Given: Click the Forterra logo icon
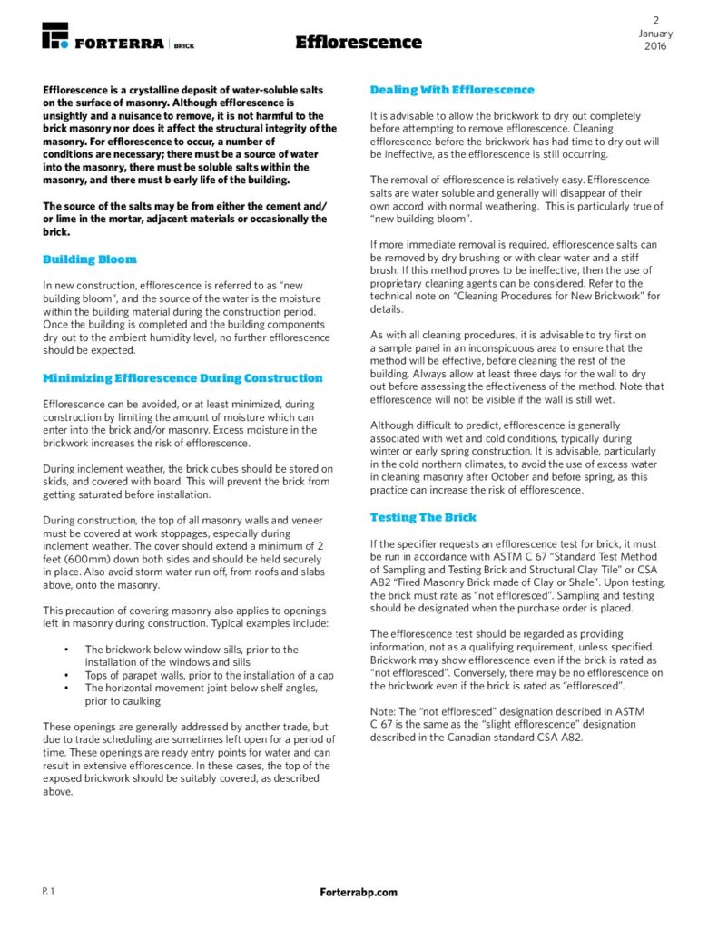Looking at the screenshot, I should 55,36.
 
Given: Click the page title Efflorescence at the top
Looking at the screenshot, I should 359,43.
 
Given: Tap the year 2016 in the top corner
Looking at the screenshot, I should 654,46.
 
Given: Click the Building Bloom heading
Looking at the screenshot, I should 90,259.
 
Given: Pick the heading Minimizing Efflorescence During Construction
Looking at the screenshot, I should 182,378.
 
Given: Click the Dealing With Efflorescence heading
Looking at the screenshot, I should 452,90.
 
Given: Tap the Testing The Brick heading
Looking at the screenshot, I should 422,517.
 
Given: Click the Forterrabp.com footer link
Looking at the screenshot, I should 359,893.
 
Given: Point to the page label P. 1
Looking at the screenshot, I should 48,893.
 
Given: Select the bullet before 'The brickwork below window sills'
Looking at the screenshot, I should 67,650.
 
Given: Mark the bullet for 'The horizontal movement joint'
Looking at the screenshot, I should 67,688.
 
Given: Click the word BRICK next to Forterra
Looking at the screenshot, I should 183,44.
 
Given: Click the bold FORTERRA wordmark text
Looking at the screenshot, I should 119,44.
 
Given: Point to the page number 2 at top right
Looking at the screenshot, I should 654,20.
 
